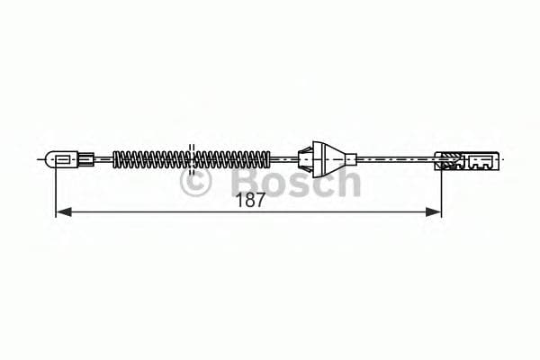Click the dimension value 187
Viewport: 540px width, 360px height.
(x=251, y=200)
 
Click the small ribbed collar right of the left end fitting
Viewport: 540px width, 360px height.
(x=86, y=161)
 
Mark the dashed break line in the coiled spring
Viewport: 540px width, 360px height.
(x=191, y=159)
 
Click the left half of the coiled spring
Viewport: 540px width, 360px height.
(x=151, y=161)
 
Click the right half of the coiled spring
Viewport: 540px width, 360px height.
(x=232, y=161)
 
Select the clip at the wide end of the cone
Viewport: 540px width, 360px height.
(x=307, y=160)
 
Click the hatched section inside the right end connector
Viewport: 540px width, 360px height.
(x=447, y=163)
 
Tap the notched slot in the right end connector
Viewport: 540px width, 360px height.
(x=477, y=164)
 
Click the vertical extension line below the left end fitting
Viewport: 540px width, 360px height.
(x=56, y=193)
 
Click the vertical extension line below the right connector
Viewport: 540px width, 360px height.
(x=441, y=193)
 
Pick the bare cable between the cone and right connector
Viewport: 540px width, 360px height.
(x=396, y=160)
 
